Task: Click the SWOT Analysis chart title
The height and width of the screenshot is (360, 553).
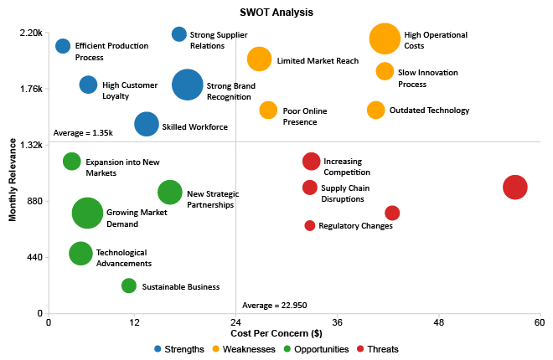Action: pos(276,13)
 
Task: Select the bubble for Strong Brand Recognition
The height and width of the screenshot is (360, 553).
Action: pos(187,85)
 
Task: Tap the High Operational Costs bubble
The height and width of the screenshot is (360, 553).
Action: pos(385,39)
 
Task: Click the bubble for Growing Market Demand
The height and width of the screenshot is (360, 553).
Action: pos(87,213)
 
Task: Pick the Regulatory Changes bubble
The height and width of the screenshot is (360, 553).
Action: pos(310,225)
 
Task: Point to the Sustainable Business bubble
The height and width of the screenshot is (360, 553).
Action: pos(129,285)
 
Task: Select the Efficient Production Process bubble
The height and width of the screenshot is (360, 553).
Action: pos(63,46)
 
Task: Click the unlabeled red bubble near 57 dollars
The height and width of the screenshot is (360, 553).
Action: pos(515,188)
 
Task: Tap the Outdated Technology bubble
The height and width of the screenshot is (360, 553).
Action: pos(376,110)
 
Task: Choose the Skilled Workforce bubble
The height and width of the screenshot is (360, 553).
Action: pos(147,124)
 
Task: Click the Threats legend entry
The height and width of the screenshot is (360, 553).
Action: pos(378,349)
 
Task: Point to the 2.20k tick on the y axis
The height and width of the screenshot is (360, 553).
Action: pos(30,33)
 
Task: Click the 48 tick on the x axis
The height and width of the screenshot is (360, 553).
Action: pos(438,322)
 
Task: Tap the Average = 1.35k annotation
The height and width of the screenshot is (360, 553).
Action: pos(83,133)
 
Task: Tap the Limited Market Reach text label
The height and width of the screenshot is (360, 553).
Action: pos(318,61)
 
